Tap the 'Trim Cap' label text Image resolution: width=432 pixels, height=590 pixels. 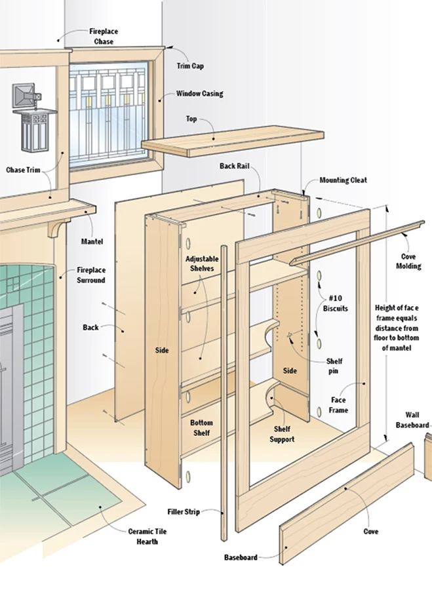coord(189,66)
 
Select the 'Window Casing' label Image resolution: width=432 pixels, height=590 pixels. coord(199,94)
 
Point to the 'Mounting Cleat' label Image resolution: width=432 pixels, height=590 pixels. coord(343,180)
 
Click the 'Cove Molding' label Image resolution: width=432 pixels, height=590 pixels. coord(410,262)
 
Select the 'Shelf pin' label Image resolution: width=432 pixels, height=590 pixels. coord(334,365)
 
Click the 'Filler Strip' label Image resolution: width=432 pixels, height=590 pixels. coord(184,511)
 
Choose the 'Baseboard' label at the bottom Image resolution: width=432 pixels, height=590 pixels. coord(240,557)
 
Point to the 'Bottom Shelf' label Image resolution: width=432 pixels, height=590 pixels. coord(201,428)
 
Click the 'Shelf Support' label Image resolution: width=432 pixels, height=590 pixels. coord(284,434)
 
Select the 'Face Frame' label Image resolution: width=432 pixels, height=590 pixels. coord(338,405)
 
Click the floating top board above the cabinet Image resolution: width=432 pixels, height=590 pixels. coord(233,140)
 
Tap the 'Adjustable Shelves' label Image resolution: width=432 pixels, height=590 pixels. coord(201,264)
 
